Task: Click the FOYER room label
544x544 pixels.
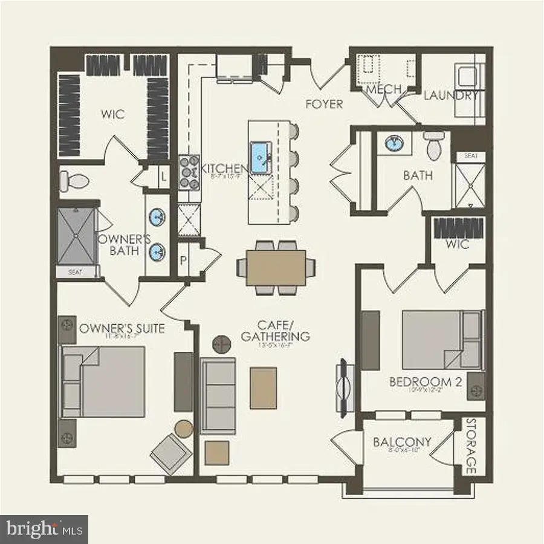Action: [324, 104]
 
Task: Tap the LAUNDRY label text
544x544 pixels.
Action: [450, 96]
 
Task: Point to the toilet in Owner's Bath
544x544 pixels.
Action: [73, 180]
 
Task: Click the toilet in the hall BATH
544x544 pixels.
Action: [433, 146]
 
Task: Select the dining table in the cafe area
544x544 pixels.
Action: [275, 267]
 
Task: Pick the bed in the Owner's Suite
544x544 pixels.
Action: [104, 381]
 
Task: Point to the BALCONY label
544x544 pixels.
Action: [402, 442]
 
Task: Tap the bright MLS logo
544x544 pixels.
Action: [44, 529]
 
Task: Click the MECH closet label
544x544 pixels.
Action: [384, 89]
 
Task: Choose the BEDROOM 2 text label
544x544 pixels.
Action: [421, 382]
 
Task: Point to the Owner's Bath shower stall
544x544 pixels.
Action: [76, 236]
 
